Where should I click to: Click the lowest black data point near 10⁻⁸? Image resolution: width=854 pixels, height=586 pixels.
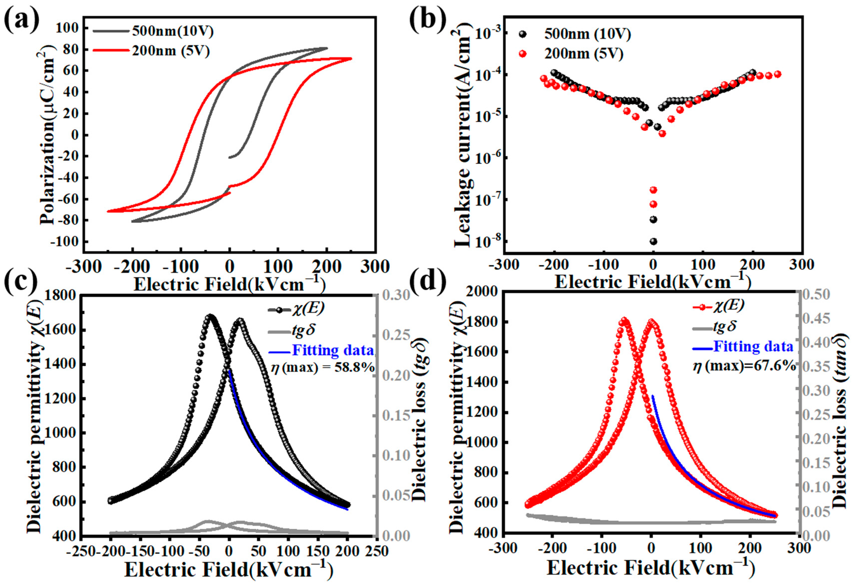click(653, 241)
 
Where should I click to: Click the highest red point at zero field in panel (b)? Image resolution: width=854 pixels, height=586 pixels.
click(653, 190)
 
